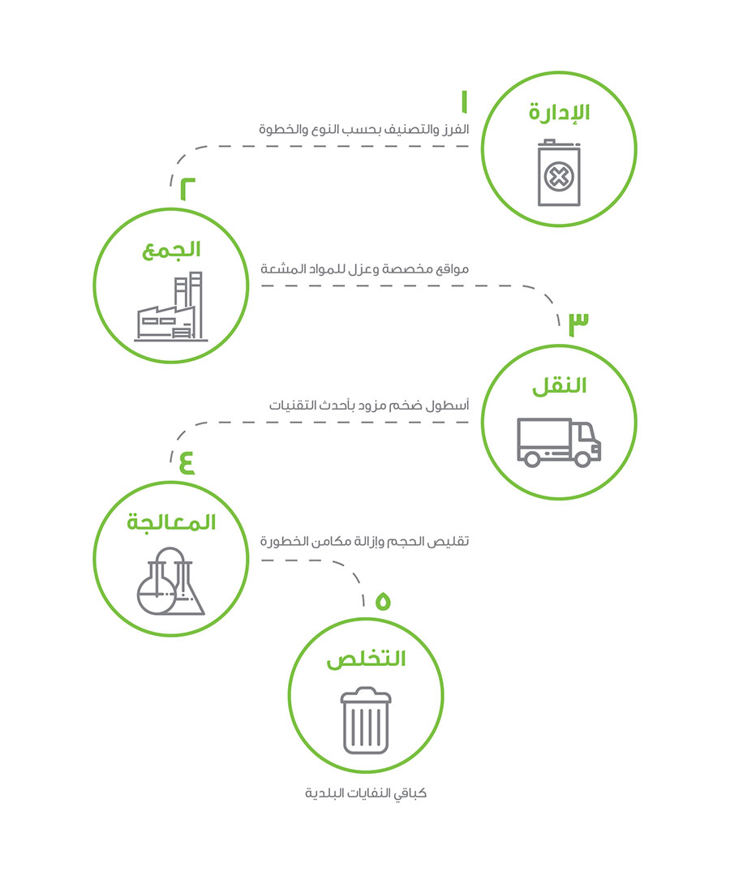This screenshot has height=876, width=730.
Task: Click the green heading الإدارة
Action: click(559, 112)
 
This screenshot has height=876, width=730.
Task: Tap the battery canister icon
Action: click(559, 173)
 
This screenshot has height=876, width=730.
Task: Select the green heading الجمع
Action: click(171, 250)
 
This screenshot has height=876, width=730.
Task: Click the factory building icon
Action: click(171, 307)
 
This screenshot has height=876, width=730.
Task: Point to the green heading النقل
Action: click(559, 385)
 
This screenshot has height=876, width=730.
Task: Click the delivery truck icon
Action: click(559, 442)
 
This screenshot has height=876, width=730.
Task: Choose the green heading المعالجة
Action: click(171, 522)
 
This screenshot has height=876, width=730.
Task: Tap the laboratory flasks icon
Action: click(171, 582)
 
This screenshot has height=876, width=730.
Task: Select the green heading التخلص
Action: click(366, 659)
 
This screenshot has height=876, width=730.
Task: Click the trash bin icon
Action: click(366, 720)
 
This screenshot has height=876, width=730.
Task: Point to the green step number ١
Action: click(464, 101)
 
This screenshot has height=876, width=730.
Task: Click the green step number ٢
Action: click(187, 189)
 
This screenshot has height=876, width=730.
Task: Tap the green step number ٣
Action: click(578, 324)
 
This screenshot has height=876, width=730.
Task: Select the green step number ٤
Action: click(187, 462)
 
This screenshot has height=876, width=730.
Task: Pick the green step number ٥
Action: click(383, 600)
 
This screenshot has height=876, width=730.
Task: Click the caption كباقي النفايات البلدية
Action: click(366, 793)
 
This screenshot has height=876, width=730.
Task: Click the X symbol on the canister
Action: click(559, 178)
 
